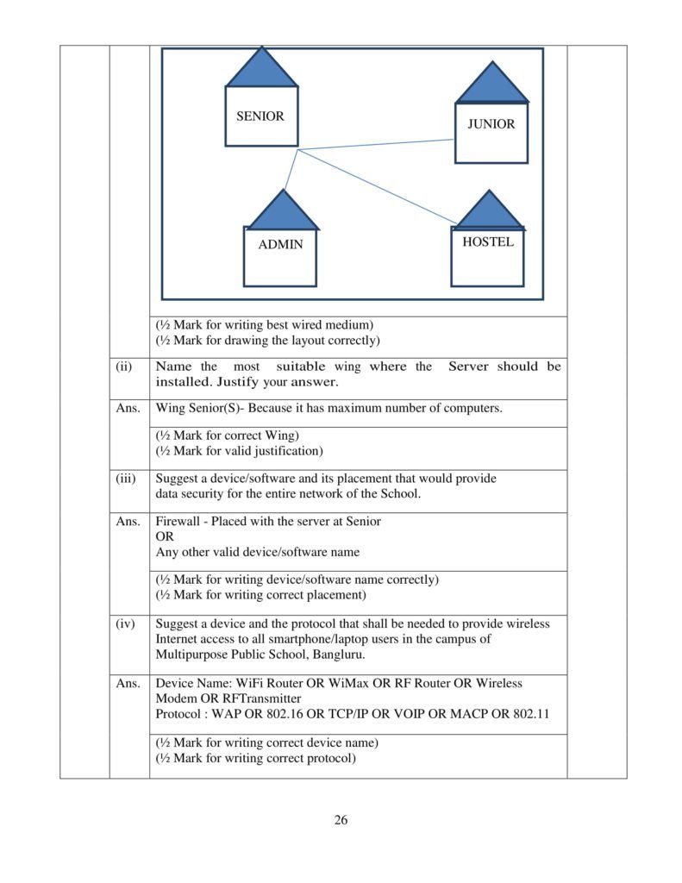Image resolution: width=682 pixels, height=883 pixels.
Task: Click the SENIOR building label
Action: pos(260,116)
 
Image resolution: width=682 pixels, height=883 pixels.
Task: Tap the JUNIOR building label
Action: pos(491,124)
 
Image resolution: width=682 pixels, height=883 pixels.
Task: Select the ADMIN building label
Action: pos(280,244)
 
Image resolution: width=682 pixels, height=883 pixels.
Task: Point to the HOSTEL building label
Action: pos(487,241)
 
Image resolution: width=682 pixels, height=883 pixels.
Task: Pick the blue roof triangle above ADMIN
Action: pos(281,212)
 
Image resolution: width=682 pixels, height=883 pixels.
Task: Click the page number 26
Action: pos(341,819)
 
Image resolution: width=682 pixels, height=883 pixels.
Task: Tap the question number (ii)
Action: pos(124,366)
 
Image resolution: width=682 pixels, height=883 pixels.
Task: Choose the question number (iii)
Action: pos(126,479)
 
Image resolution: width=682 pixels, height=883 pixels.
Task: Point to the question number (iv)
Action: pos(125,623)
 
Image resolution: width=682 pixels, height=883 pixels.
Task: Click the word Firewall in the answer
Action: pos(178,522)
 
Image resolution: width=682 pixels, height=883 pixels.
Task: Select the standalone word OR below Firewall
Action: pos(165,536)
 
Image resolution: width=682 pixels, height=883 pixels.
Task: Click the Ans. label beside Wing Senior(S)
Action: pos(128,408)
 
